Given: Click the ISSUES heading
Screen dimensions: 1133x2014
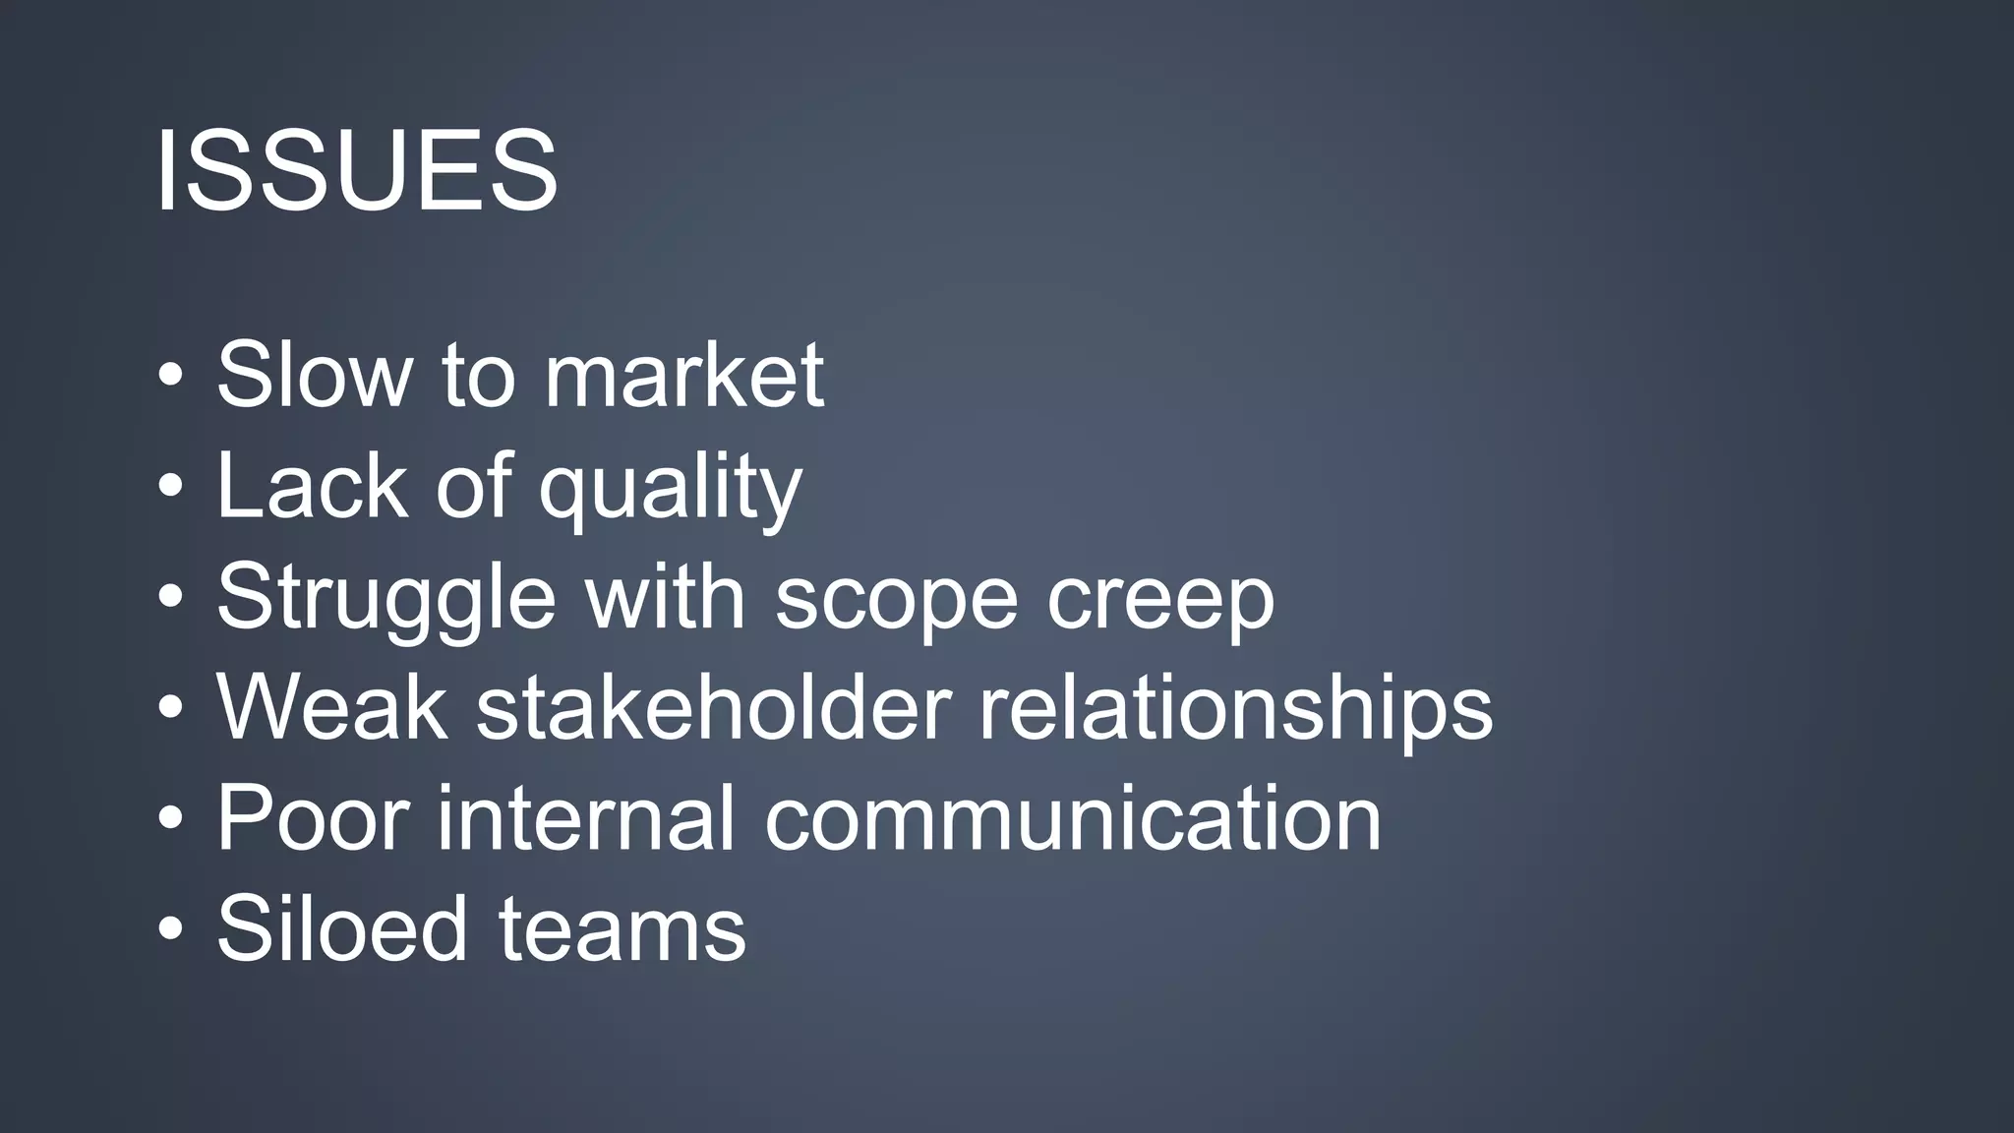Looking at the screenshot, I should coord(356,171).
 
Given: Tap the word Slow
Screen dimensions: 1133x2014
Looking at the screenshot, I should coord(314,375).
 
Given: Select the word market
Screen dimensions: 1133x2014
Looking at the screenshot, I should coord(684,375).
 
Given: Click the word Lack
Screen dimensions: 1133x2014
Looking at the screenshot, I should coord(312,486).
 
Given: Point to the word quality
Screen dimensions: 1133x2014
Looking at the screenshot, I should coord(671,490).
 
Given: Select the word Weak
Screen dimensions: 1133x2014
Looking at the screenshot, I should coord(332,707).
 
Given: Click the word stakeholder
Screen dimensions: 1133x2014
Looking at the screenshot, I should coord(714,707).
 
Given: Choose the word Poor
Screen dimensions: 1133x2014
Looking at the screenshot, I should coord(313,818).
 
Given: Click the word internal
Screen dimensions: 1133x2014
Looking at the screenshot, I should coord(586,818).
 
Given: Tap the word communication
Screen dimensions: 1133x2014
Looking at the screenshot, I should coord(1073,818).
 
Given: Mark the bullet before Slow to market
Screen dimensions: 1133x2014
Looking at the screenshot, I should coord(170,376).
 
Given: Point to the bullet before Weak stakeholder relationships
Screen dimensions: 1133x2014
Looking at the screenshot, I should coord(170,708).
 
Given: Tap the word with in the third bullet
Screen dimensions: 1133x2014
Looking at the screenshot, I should coord(666,597).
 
